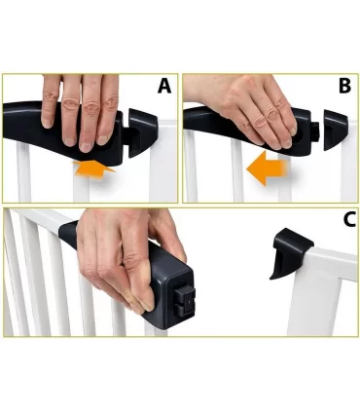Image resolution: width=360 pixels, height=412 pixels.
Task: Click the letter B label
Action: (x=343, y=87)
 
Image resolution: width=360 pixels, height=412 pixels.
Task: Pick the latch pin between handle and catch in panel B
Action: (x=314, y=130)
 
